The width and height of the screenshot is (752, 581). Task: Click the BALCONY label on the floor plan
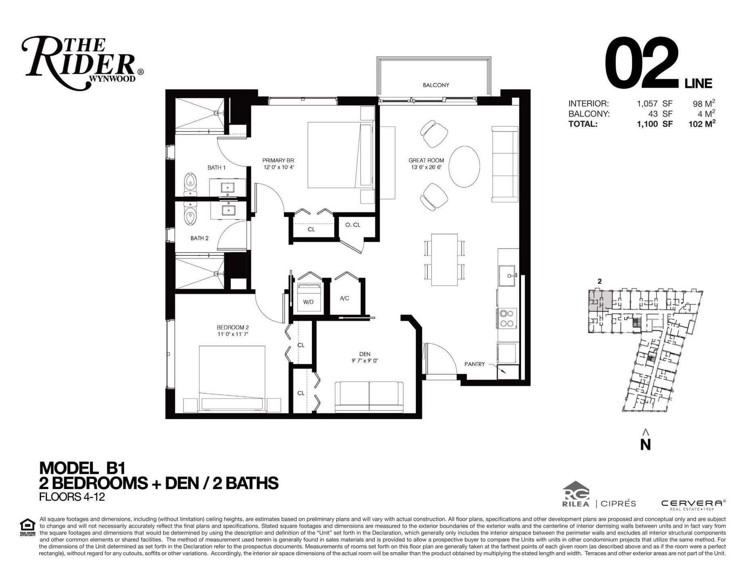click(x=436, y=85)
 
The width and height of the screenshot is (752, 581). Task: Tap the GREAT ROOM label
click(x=426, y=160)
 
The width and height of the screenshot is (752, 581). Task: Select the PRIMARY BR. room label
click(x=279, y=160)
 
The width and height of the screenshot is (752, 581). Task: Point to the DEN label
click(x=365, y=354)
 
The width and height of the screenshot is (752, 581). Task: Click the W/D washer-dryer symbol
click(x=309, y=297)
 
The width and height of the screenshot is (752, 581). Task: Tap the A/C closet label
click(x=344, y=298)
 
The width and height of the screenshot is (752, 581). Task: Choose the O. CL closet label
click(x=353, y=225)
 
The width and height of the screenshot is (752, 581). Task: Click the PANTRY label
click(x=474, y=364)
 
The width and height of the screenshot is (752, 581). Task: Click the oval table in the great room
click(x=464, y=166)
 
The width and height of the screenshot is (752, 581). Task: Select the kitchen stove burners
click(x=507, y=318)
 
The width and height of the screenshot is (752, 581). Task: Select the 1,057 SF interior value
click(x=654, y=104)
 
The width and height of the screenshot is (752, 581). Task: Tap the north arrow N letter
click(x=645, y=444)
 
